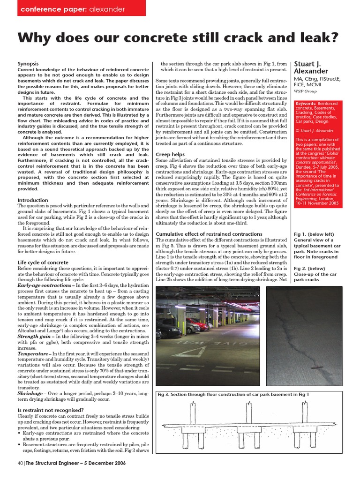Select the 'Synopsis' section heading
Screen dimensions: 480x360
point(28,63)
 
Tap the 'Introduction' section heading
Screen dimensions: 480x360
point(33,200)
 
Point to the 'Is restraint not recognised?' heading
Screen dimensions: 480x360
point(51,410)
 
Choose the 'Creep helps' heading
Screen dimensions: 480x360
point(170,154)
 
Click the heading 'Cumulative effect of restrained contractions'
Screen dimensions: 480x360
point(209,234)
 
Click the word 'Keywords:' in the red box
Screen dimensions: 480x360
point(306,103)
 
